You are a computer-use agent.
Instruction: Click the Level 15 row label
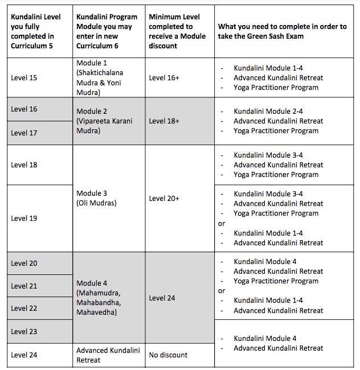coord(24,77)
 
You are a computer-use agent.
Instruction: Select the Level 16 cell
coord(24,109)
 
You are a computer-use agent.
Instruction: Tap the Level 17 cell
coord(24,133)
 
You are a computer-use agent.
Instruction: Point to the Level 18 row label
coord(24,165)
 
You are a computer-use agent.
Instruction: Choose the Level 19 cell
coord(24,218)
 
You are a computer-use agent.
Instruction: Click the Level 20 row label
coord(24,263)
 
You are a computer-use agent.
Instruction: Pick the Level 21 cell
coord(24,286)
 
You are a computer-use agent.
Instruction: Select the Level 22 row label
coord(24,308)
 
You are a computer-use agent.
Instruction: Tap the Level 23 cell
coord(24,331)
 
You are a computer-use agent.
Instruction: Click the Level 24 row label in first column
coord(24,355)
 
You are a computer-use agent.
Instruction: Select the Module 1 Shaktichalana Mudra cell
coord(100,77)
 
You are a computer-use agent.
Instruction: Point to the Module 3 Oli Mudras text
coord(96,198)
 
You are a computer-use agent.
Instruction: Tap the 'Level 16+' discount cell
coord(164,77)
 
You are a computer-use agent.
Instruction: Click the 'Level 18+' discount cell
coord(164,121)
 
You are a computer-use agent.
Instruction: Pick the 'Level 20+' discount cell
coord(164,198)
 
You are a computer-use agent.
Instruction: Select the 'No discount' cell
coord(168,355)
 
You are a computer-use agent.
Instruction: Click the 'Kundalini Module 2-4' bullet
coord(268,111)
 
